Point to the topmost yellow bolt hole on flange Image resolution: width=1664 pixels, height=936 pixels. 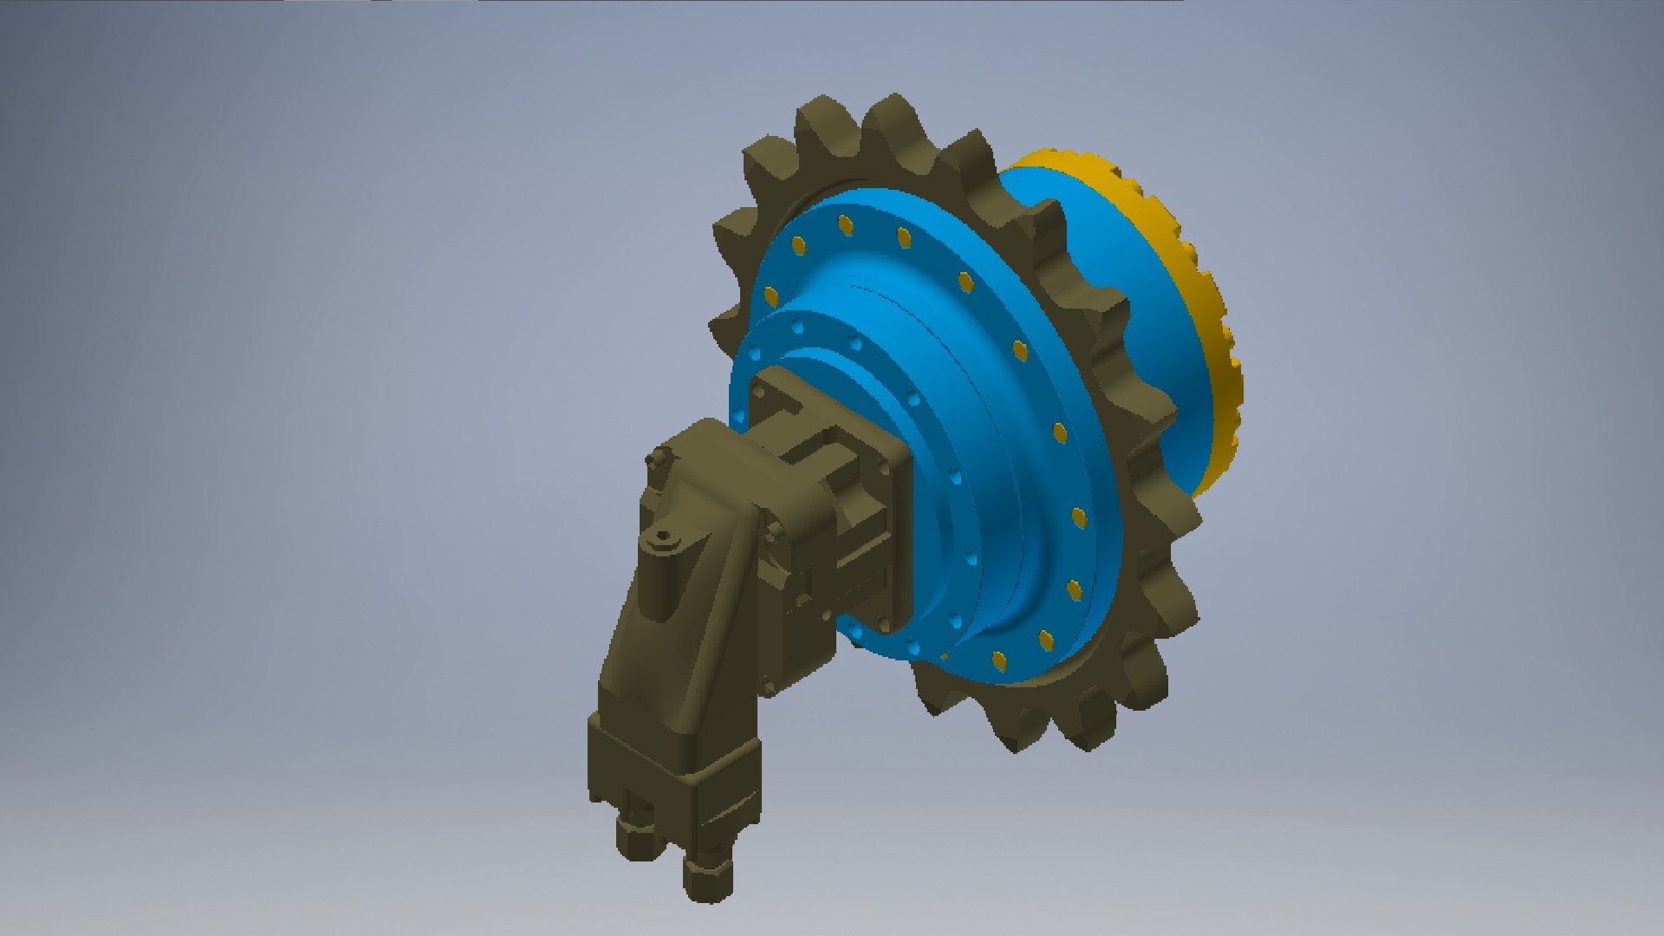846,225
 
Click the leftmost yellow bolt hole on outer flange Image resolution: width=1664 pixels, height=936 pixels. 770,297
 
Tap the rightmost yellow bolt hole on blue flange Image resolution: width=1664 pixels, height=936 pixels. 1079,518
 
